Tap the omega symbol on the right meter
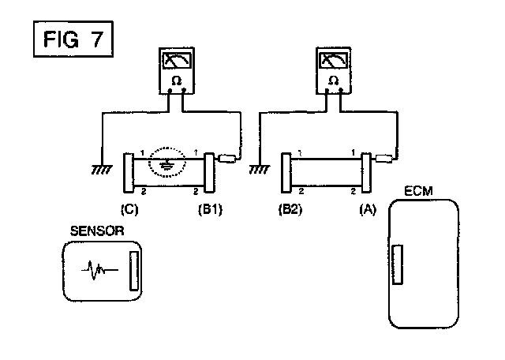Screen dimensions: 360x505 tap(333, 80)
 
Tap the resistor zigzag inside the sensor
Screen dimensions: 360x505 tap(99, 271)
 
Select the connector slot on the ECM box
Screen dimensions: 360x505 tap(398, 264)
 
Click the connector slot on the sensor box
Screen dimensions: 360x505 tap(133, 271)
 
